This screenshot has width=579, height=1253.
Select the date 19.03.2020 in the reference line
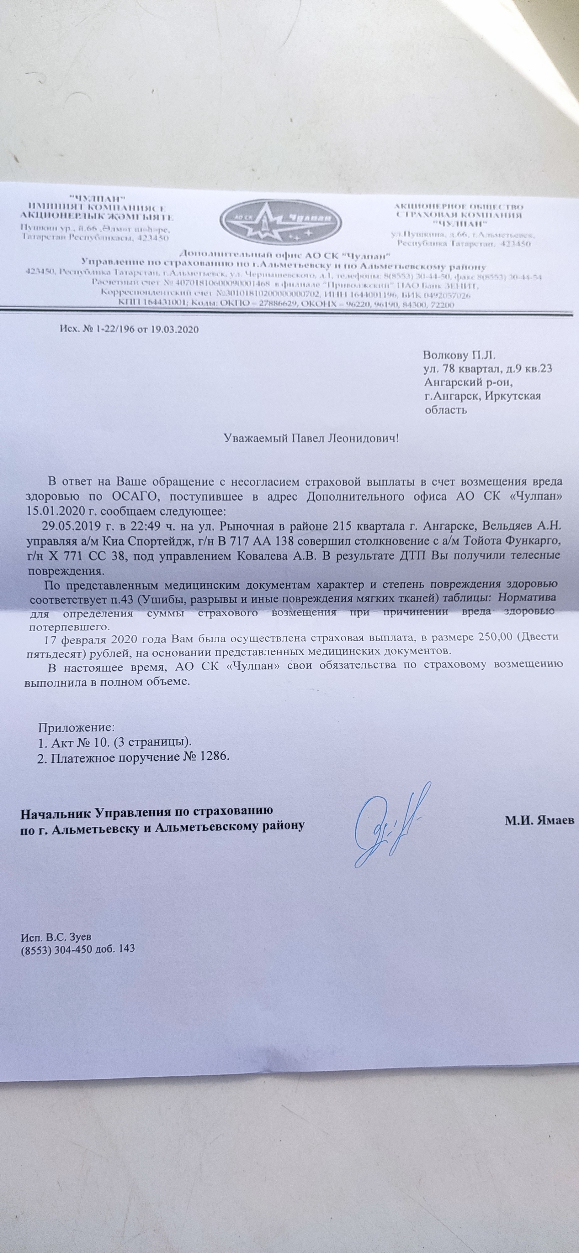pyautogui.click(x=174, y=329)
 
